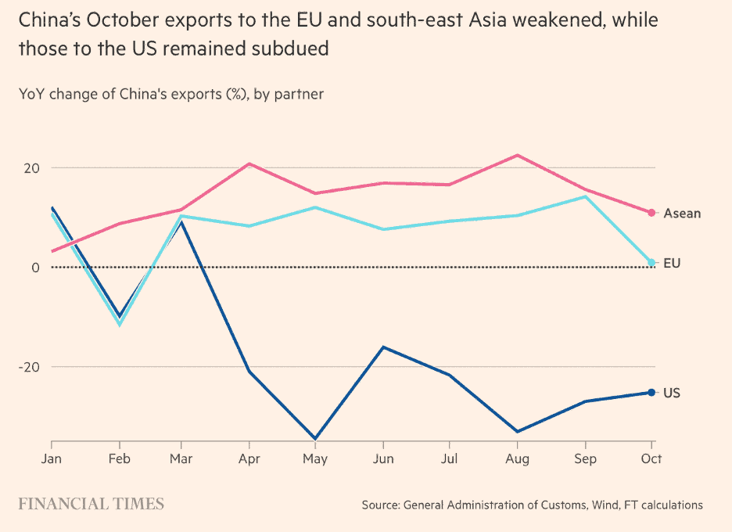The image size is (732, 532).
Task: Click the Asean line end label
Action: point(682,213)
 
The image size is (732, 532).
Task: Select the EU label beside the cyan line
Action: point(672,263)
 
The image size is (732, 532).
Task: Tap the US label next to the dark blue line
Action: point(672,393)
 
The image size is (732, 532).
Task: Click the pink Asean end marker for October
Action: point(651,213)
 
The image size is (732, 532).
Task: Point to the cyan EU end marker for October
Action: point(651,263)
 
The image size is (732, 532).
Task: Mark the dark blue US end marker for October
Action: point(651,392)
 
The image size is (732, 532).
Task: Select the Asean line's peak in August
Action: point(517,155)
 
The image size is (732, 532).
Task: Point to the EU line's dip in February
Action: point(120,324)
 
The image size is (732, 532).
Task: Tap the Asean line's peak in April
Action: point(249,164)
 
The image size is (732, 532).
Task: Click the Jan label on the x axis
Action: point(52,458)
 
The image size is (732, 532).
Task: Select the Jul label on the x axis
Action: point(450,458)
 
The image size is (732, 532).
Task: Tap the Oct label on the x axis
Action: point(651,458)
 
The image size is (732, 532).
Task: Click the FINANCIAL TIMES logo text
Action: point(91,504)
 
